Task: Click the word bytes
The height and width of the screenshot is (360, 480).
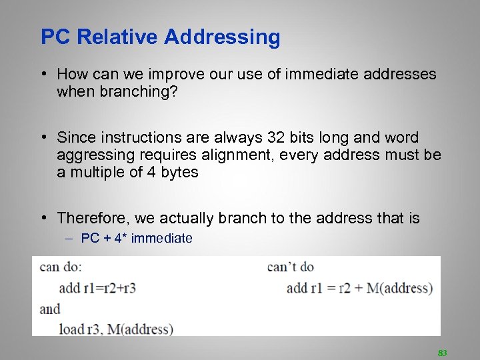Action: [178, 172]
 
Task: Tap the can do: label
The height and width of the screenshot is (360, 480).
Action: [60, 267]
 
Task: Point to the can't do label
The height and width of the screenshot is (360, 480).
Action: [290, 267]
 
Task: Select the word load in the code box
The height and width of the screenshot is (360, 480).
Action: [71, 329]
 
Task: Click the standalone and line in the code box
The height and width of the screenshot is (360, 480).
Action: [50, 309]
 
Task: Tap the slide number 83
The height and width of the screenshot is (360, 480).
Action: [441, 352]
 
